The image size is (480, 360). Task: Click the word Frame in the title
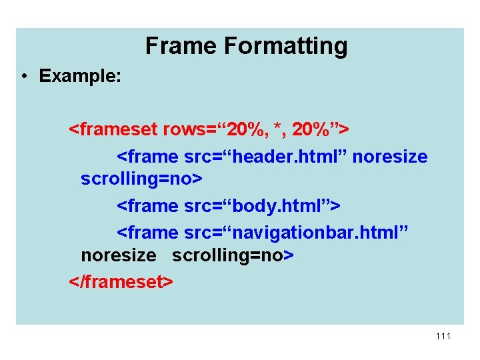181,46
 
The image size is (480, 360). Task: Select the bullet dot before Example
23,77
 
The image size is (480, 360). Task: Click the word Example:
80,76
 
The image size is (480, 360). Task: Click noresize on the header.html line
390,157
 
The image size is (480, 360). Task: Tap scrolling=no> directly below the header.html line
141,180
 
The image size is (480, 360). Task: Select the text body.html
267,206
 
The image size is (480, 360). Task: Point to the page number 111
443,336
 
